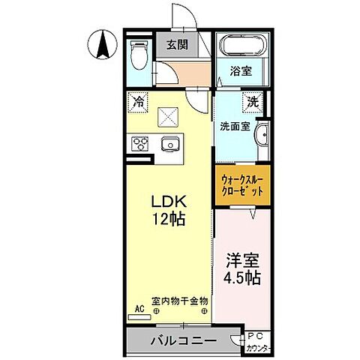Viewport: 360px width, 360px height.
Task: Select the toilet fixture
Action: coord(138,55)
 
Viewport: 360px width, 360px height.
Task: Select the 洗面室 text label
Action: coord(234,126)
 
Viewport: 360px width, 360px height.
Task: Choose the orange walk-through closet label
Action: coord(241,185)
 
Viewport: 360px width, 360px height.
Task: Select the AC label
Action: coord(138,307)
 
